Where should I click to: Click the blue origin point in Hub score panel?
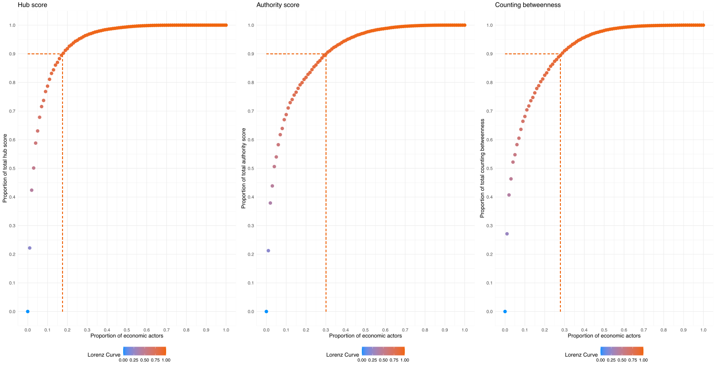point(28,311)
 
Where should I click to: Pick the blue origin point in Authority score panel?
point(266,311)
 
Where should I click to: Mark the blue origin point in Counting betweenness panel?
point(505,311)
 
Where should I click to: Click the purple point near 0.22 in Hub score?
point(30,248)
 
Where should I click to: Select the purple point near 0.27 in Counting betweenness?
point(507,234)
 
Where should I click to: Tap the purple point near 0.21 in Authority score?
point(268,251)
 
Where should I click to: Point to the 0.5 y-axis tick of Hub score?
point(13,168)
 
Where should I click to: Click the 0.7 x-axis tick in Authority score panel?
point(405,329)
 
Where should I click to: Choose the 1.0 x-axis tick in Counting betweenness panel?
point(703,329)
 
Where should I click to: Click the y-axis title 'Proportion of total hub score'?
point(5,168)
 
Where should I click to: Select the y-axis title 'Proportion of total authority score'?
point(244,168)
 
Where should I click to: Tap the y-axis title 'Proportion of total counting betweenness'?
point(483,168)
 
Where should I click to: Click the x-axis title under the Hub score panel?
point(127,336)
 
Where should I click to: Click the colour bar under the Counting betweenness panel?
point(622,351)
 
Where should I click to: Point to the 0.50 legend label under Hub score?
point(145,360)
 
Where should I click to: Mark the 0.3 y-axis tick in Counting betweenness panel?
point(490,225)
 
